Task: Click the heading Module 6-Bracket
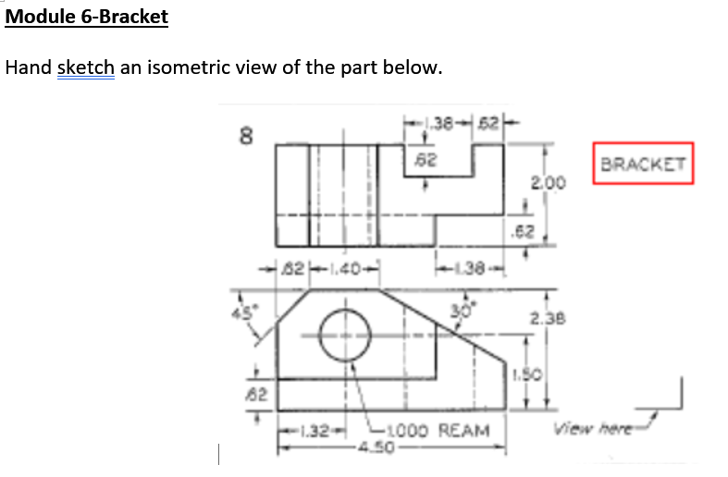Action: point(87,18)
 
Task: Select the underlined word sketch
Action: point(85,68)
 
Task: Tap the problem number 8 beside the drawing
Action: point(246,138)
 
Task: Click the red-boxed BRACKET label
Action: point(643,165)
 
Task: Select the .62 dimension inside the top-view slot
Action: point(423,160)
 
